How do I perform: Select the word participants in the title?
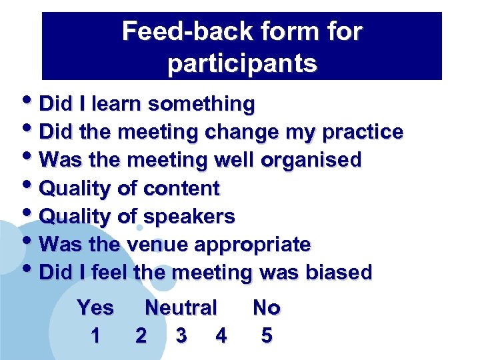[242, 63]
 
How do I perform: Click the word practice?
[363, 133]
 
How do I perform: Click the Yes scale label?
[95, 308]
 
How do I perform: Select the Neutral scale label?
[181, 308]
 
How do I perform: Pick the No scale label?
[267, 308]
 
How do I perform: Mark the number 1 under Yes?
[95, 335]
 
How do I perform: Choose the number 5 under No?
[267, 335]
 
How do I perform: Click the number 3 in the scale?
[181, 335]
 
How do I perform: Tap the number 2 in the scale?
[141, 335]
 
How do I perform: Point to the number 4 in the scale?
[221, 335]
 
